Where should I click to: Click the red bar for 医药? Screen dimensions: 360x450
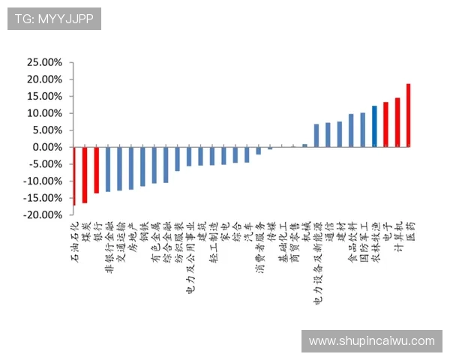[x=409, y=115]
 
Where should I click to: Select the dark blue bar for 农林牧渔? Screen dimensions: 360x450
[x=374, y=126]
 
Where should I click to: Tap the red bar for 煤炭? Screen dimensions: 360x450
[x=85, y=174]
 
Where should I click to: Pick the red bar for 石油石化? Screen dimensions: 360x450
[x=74, y=175]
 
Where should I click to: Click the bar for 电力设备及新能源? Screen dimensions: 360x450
[x=316, y=135]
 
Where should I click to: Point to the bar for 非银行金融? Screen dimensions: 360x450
[x=108, y=169]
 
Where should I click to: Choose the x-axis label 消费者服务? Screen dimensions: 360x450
[x=259, y=248]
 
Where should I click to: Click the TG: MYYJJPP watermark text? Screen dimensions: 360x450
[x=54, y=19]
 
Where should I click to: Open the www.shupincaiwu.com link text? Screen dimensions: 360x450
[x=371, y=341]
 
